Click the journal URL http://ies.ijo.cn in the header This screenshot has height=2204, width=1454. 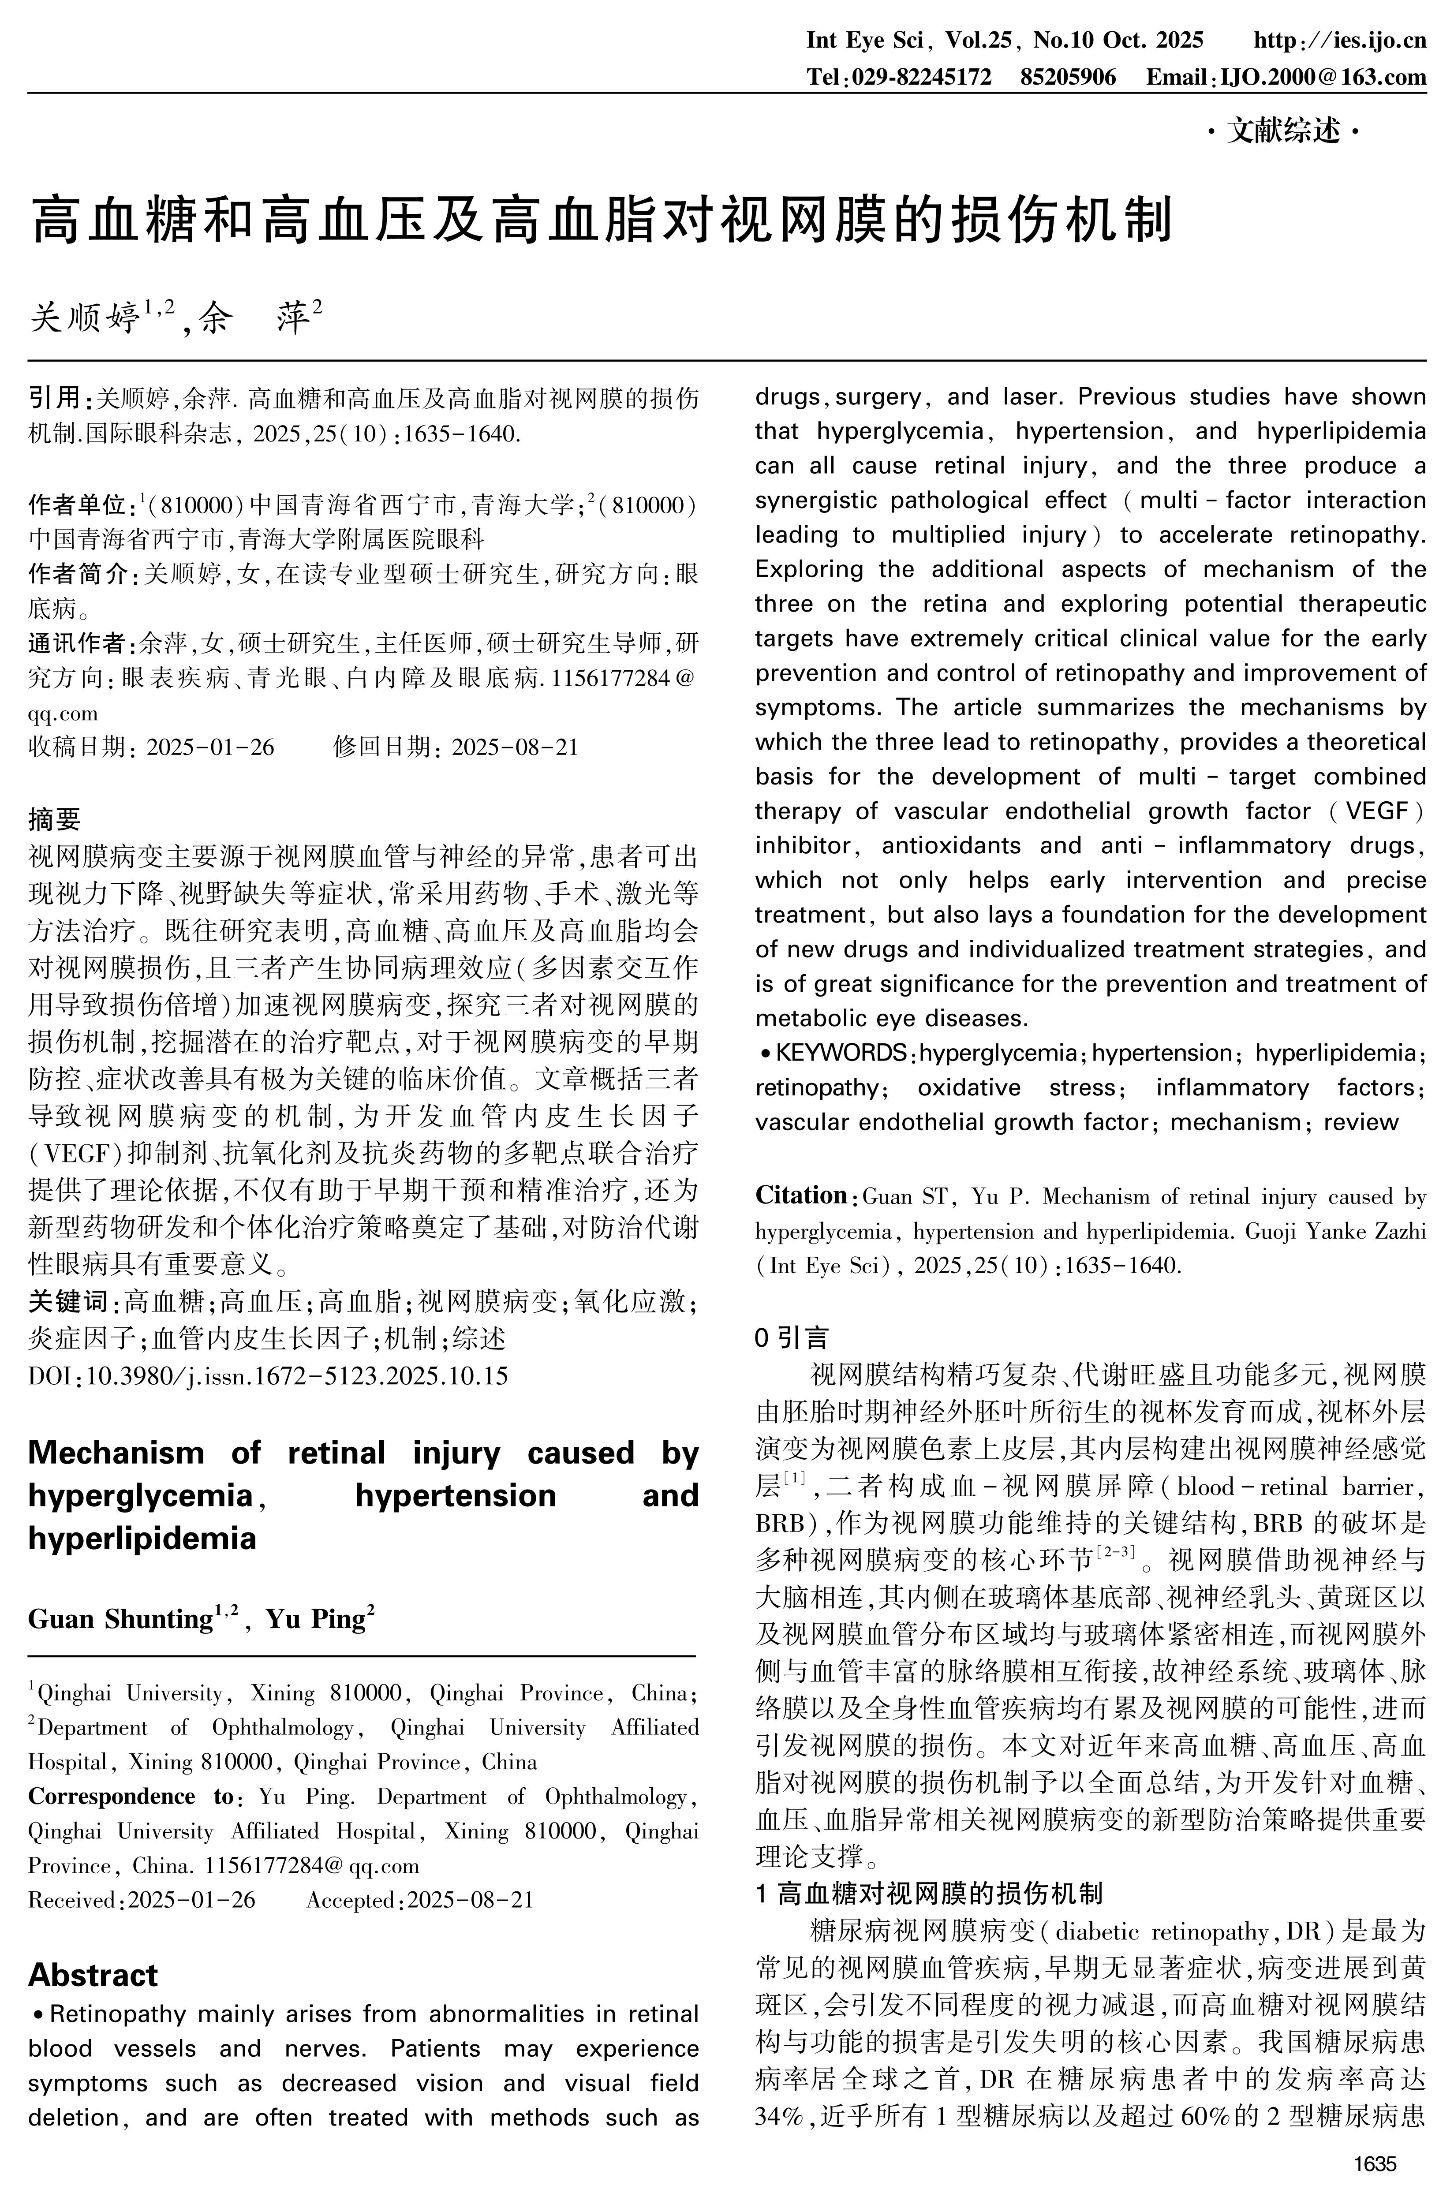pos(1339,40)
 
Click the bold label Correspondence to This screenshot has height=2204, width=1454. pos(132,1796)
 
